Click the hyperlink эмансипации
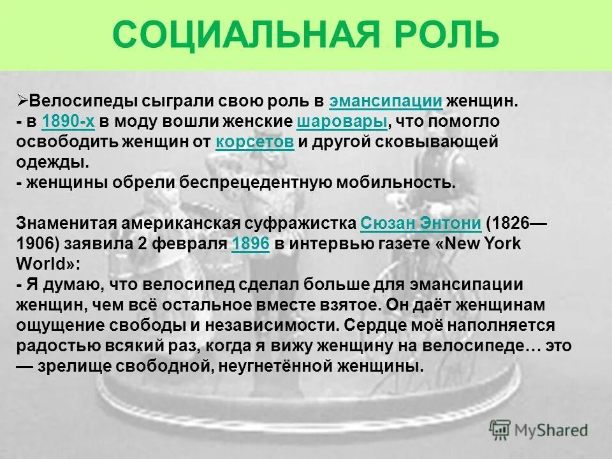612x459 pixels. click(386, 101)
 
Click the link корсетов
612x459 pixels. click(254, 142)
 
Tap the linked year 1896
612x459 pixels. click(251, 244)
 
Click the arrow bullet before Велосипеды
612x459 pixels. click(22, 101)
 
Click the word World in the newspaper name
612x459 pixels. click(38, 265)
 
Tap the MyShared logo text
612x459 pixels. click(552, 430)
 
